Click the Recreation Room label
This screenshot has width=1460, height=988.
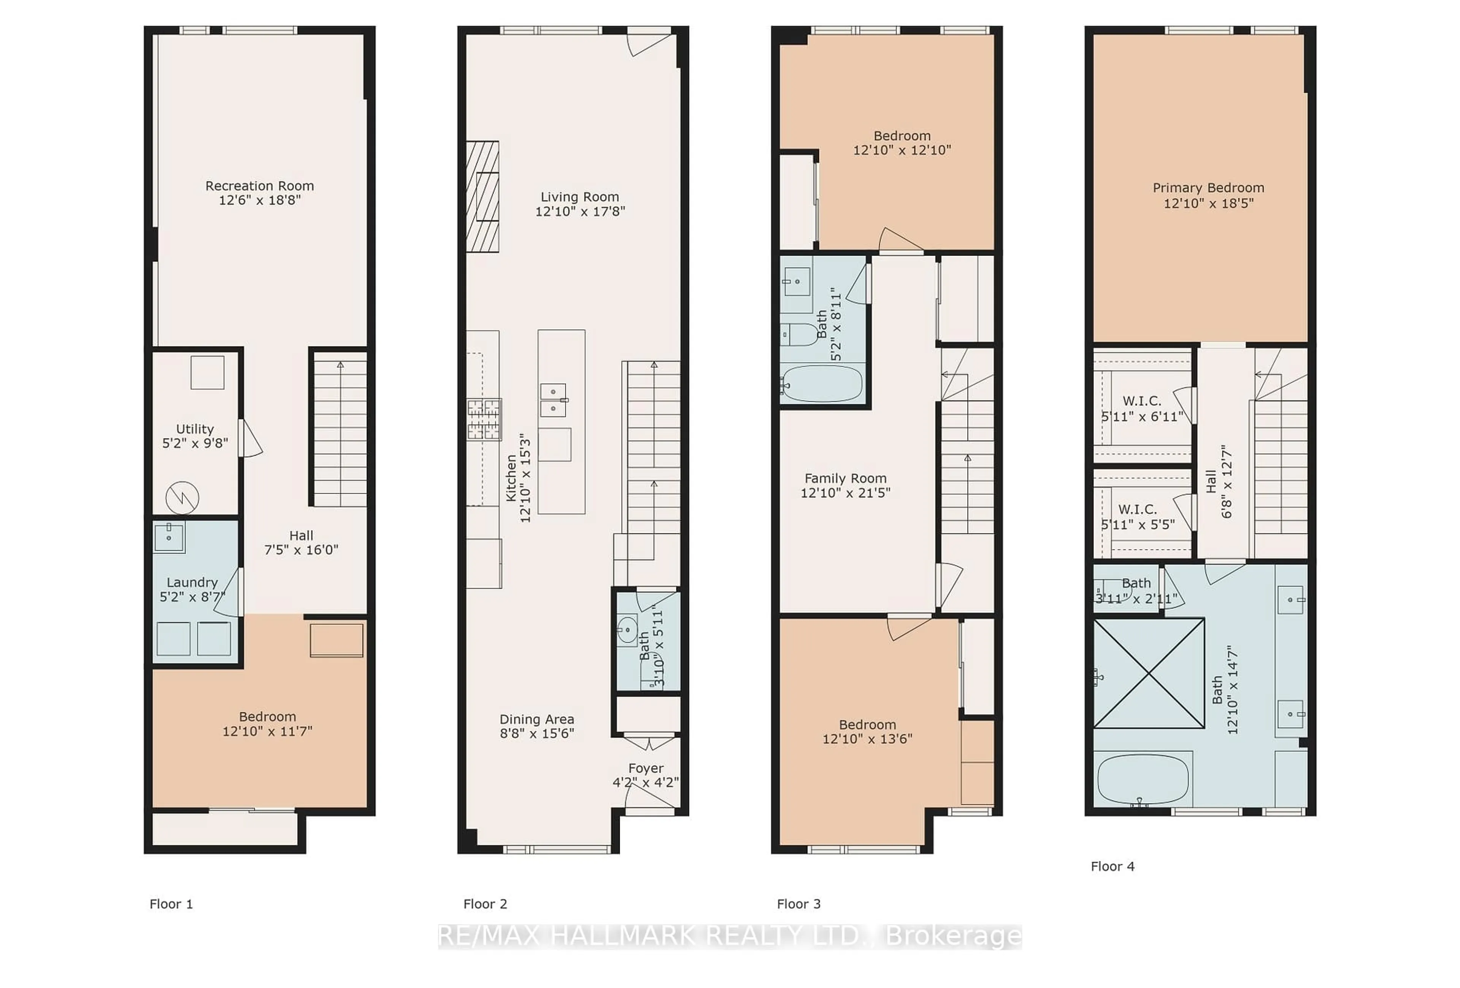[259, 186]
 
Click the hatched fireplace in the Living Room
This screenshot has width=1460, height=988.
[482, 197]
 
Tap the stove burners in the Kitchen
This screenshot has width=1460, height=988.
[484, 419]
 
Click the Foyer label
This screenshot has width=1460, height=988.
[646, 768]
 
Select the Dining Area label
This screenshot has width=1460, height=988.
[536, 719]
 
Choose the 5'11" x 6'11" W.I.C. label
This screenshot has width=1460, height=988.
[1142, 408]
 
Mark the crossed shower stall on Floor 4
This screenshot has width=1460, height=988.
[1149, 673]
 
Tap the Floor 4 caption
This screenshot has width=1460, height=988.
[1112, 866]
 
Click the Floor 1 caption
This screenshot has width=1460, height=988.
[171, 904]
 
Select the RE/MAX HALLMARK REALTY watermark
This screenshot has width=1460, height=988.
[730, 936]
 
